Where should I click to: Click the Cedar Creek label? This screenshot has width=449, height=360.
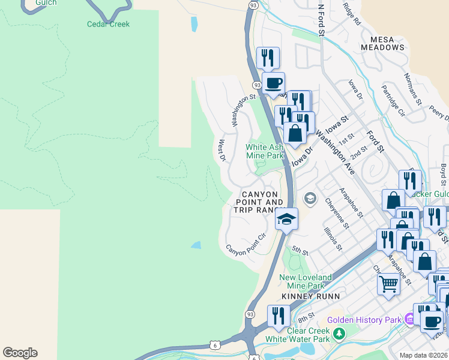pos(108,25)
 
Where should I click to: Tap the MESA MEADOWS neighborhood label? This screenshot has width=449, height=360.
pos(382,43)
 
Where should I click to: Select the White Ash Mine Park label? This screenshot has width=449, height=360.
pos(264,151)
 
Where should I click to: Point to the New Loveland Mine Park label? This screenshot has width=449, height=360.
pos(306,281)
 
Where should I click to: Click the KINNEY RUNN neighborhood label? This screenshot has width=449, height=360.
pos(311,296)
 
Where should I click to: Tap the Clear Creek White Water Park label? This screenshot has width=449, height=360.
pos(301,335)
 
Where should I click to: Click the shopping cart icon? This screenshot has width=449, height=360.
pos(388,283)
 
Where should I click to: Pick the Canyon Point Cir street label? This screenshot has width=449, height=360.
pos(246,245)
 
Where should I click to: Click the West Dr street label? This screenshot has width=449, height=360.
pos(221,151)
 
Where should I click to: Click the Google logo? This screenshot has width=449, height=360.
pos(20,353)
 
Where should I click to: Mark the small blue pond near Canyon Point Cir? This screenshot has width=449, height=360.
pos(196,245)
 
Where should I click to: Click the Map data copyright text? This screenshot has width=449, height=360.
pos(423,355)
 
